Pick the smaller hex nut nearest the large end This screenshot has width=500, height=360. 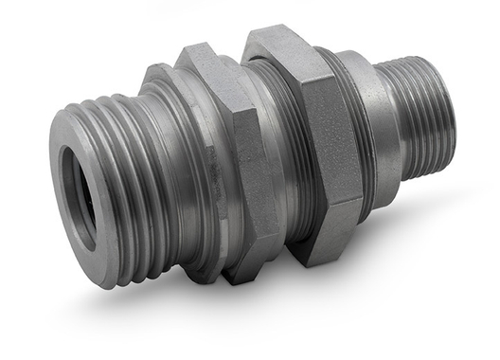pos(223,161)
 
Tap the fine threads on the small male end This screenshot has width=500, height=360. pos(417,114)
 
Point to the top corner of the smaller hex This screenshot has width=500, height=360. pos(194,47)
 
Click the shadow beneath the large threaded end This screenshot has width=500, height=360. pos(142,303)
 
